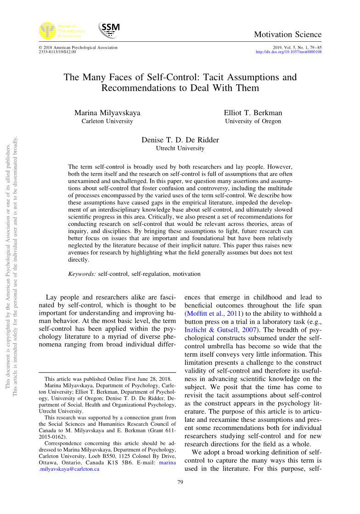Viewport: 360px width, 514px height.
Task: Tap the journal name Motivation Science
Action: [x=287, y=35]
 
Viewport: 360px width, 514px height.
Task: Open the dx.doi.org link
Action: [x=288, y=52]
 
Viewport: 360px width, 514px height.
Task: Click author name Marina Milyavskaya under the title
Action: [x=107, y=113]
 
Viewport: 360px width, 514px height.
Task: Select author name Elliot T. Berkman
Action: [x=253, y=113]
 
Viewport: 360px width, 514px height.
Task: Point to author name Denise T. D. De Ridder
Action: [x=180, y=140]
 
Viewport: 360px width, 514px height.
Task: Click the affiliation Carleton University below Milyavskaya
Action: [x=107, y=122]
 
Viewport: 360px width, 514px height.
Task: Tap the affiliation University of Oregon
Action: [x=253, y=122]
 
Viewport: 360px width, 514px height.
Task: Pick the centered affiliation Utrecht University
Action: [x=180, y=149]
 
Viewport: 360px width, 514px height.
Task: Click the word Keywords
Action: [x=82, y=274]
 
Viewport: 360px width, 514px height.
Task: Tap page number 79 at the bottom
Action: [x=180, y=482]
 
